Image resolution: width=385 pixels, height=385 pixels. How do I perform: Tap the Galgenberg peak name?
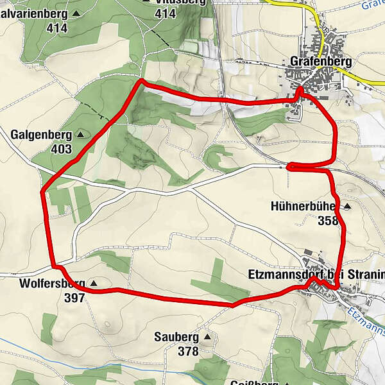pos(42,135)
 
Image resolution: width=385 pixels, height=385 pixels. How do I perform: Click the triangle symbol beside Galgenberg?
pos(81,135)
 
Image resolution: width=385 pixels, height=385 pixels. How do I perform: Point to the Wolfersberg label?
pos(52,283)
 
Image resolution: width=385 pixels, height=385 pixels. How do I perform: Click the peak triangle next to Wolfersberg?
pos(94,283)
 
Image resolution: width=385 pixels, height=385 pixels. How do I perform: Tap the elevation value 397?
pos(74,297)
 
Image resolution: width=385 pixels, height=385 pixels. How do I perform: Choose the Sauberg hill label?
pos(178,337)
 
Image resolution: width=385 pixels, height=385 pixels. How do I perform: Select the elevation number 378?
pos(188,351)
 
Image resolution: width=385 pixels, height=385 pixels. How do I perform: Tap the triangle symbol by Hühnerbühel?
pos(347,207)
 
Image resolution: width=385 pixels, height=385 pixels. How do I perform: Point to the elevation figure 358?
pos(327,221)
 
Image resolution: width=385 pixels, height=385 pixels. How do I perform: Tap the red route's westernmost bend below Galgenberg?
pos(42,191)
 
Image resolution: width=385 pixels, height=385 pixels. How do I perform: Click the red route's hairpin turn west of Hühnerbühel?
pos(289,167)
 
